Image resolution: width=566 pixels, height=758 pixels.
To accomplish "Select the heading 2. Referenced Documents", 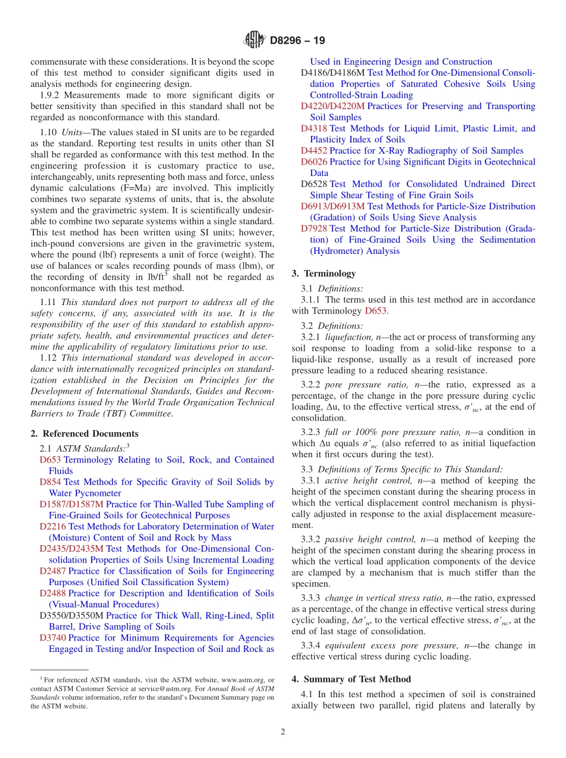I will (x=84, y=434).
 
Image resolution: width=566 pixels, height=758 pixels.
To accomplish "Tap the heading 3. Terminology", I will (x=324, y=274).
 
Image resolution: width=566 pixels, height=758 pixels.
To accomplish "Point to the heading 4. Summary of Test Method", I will (x=351, y=679).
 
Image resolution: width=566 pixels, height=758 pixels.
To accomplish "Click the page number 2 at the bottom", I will (x=283, y=732).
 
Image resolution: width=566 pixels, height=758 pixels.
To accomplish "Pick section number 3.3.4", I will (x=310, y=645).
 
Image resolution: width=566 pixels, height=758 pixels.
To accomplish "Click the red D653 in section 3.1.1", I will (x=375, y=310).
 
